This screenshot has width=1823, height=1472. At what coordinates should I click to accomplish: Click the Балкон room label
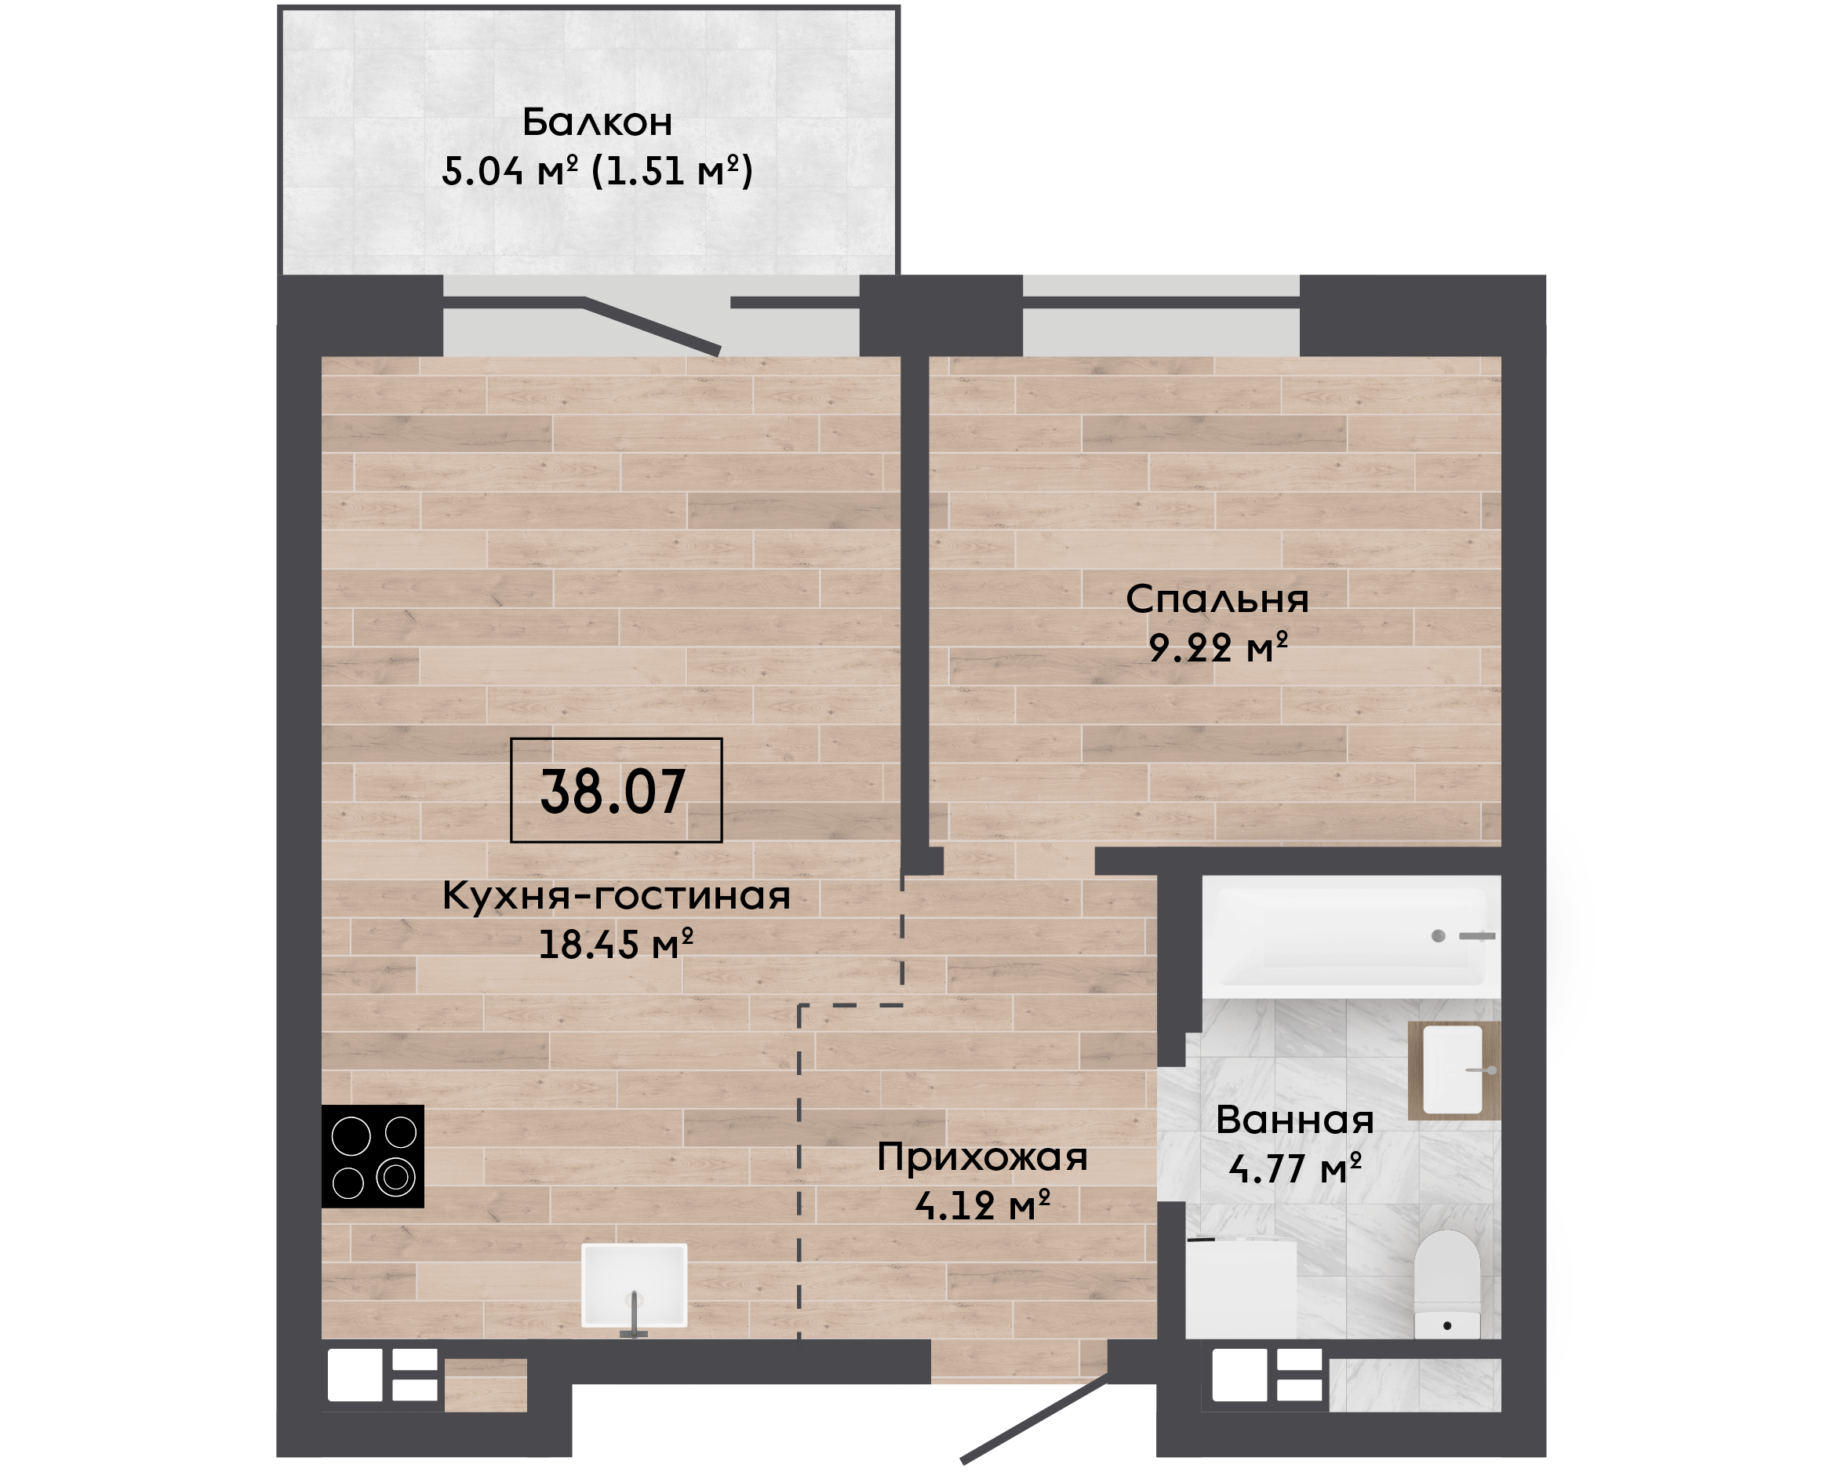click(597, 122)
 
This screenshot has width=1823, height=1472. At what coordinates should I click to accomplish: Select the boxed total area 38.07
click(616, 790)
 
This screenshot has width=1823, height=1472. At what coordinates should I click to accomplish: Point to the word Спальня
click(1217, 599)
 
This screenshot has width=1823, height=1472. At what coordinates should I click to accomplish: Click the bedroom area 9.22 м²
click(1218, 648)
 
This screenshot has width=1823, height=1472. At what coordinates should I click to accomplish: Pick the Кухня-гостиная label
click(616, 895)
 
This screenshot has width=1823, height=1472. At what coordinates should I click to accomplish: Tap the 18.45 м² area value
click(616, 945)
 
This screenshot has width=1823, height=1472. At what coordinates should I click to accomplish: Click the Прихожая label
click(982, 1157)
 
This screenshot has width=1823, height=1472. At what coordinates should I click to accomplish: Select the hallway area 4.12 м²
click(982, 1206)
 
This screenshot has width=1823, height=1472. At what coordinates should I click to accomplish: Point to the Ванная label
click(1295, 1120)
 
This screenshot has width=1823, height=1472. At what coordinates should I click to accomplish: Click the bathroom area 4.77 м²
click(1295, 1169)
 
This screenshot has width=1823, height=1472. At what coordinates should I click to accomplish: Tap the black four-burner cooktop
click(373, 1157)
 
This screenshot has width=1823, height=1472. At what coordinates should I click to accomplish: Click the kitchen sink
click(634, 1285)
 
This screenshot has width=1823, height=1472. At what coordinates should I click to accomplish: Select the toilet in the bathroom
click(1446, 1285)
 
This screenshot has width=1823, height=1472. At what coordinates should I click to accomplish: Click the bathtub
click(1351, 937)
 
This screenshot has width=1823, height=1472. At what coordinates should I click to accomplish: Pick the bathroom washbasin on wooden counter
click(1454, 1070)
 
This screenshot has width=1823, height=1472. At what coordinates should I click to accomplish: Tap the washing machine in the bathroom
click(1241, 1290)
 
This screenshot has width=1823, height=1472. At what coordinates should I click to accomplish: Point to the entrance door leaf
click(1034, 1419)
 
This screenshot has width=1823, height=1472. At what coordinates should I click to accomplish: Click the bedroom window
click(1161, 315)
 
